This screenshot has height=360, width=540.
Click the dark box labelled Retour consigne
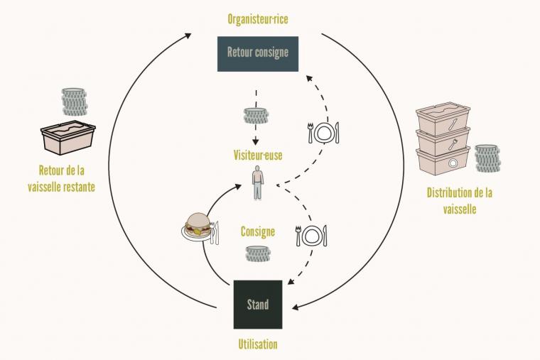click(257, 53)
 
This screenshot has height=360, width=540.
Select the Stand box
click(258, 305)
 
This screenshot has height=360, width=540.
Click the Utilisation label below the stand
click(257, 344)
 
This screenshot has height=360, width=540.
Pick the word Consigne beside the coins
click(258, 231)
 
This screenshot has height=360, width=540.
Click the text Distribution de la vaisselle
click(460, 200)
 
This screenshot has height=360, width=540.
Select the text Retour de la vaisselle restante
click(67, 178)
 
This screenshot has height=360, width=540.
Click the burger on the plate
click(196, 224)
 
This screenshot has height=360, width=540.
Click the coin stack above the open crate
click(74, 102)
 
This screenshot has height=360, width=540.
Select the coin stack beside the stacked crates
click(487, 158)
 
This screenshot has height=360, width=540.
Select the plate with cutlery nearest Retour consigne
click(323, 131)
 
